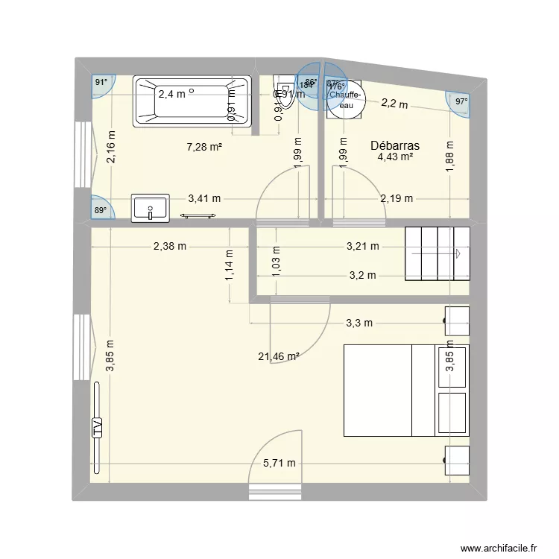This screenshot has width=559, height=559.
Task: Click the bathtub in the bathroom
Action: coord(192,101)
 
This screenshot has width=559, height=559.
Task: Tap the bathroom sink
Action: coord(151,208)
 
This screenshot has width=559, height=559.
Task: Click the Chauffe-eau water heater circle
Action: coord(345,99)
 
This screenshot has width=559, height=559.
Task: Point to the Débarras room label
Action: coord(395,146)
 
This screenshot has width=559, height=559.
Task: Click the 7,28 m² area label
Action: coord(204,147)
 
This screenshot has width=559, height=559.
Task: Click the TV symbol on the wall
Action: coord(97,427)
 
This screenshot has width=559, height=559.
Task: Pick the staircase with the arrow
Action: coord(438,253)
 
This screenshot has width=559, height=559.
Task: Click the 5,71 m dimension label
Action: coord(279,463)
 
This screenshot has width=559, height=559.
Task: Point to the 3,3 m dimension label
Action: coord(359,323)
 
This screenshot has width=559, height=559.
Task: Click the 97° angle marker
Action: coord(461,102)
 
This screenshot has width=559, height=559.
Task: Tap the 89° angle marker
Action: coord(101,211)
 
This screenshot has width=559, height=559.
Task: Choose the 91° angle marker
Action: coord(101,83)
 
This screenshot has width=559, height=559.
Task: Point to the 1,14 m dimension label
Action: coord(229,265)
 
